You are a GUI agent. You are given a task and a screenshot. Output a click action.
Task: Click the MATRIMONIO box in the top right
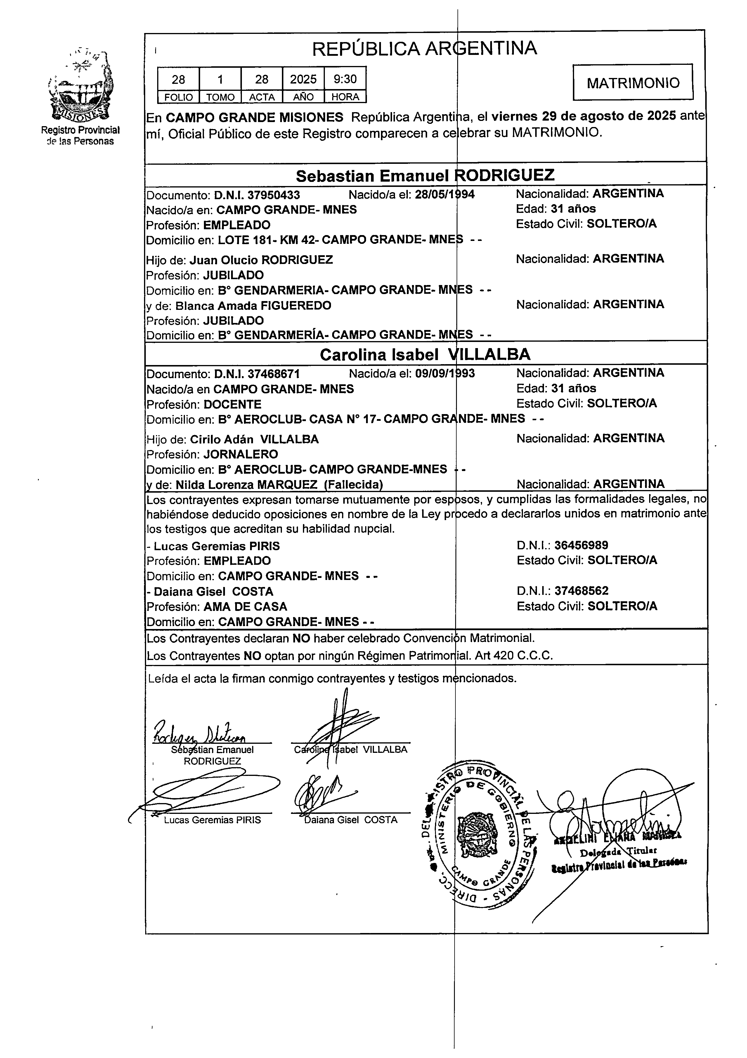[633, 82]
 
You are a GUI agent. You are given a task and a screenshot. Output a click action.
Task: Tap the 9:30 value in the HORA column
[345, 79]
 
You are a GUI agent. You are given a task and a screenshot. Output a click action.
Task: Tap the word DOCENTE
[233, 404]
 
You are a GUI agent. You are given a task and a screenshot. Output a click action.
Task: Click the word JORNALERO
[241, 454]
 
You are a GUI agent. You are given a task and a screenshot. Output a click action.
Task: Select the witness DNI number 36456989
[581, 545]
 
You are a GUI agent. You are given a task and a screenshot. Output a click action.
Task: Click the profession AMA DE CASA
[245, 607]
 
